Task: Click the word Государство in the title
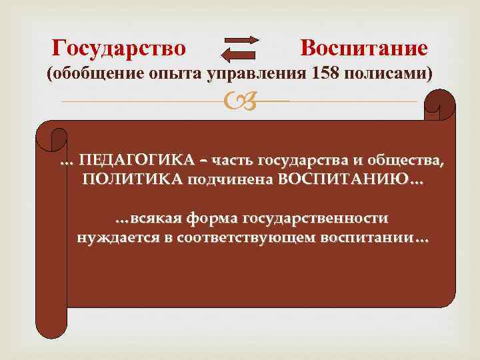[x=119, y=48]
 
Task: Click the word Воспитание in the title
[x=363, y=48]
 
